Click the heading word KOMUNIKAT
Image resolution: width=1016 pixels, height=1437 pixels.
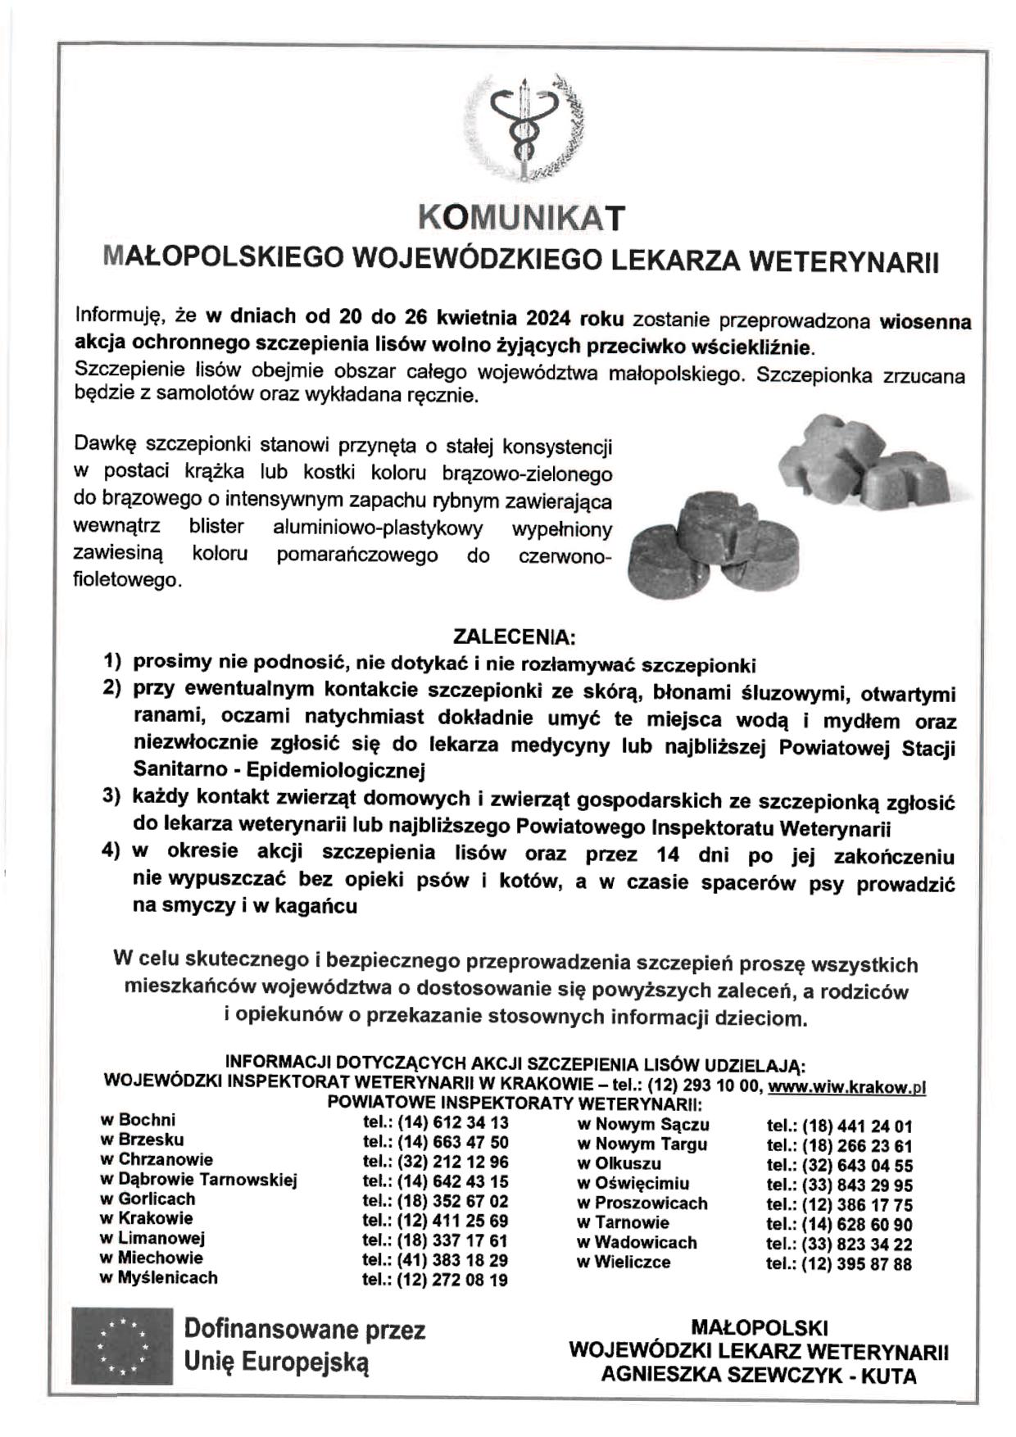tap(521, 218)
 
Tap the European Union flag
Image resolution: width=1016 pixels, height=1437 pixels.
tap(122, 1345)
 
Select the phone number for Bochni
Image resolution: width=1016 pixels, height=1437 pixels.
tap(435, 1122)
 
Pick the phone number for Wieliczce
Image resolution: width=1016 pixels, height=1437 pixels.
tap(838, 1264)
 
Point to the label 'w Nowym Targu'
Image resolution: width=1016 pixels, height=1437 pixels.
tap(642, 1145)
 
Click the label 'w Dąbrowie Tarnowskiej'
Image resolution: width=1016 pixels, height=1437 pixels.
tap(198, 1180)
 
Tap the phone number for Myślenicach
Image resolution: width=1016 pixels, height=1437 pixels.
tap(435, 1280)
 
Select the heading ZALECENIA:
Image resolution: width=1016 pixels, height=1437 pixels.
tap(515, 637)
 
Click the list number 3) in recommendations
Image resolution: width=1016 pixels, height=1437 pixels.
tap(112, 796)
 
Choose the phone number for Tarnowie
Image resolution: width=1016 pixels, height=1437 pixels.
tap(838, 1225)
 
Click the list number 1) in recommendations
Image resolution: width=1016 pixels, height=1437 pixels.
tap(112, 660)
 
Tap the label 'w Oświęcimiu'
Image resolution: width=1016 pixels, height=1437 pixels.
tap(633, 1184)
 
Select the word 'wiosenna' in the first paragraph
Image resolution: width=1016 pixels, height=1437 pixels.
tap(925, 321)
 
